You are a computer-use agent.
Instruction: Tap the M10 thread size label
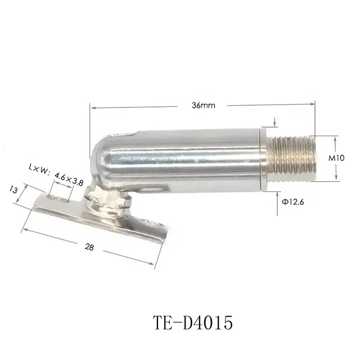tap(336, 158)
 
